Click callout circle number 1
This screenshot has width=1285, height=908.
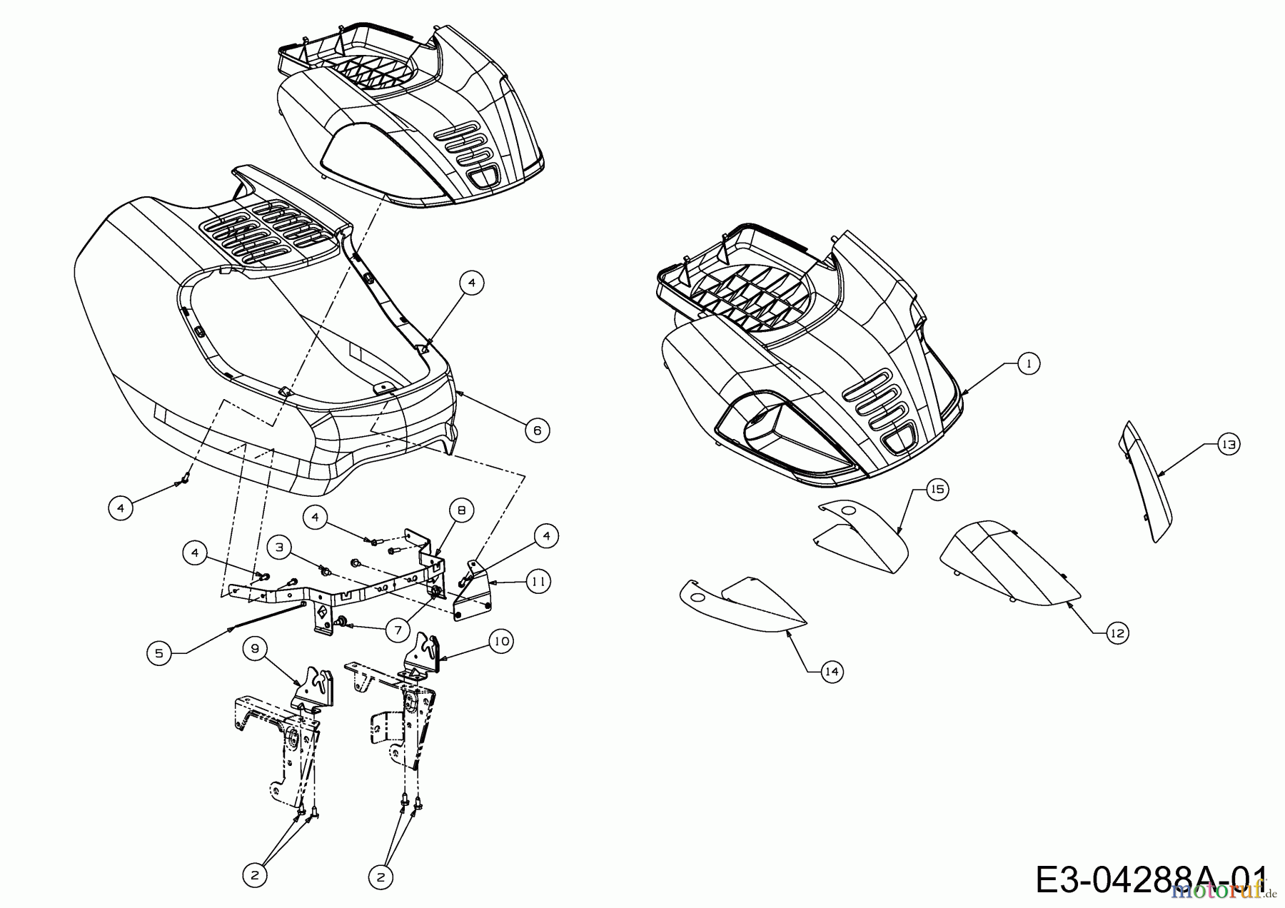coord(1028,363)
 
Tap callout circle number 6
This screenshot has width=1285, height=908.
coord(537,430)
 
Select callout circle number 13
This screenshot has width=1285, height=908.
coord(1228,444)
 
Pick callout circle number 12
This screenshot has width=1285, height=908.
coord(1117,632)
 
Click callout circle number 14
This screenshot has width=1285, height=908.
coord(832,672)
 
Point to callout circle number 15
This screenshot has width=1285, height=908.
coord(937,489)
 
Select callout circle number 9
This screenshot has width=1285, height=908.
coord(255,648)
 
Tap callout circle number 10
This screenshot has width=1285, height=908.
coord(502,641)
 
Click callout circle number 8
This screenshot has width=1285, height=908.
coord(462,510)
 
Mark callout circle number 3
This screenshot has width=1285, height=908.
coord(280,548)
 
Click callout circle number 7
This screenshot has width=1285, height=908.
coord(398,629)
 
